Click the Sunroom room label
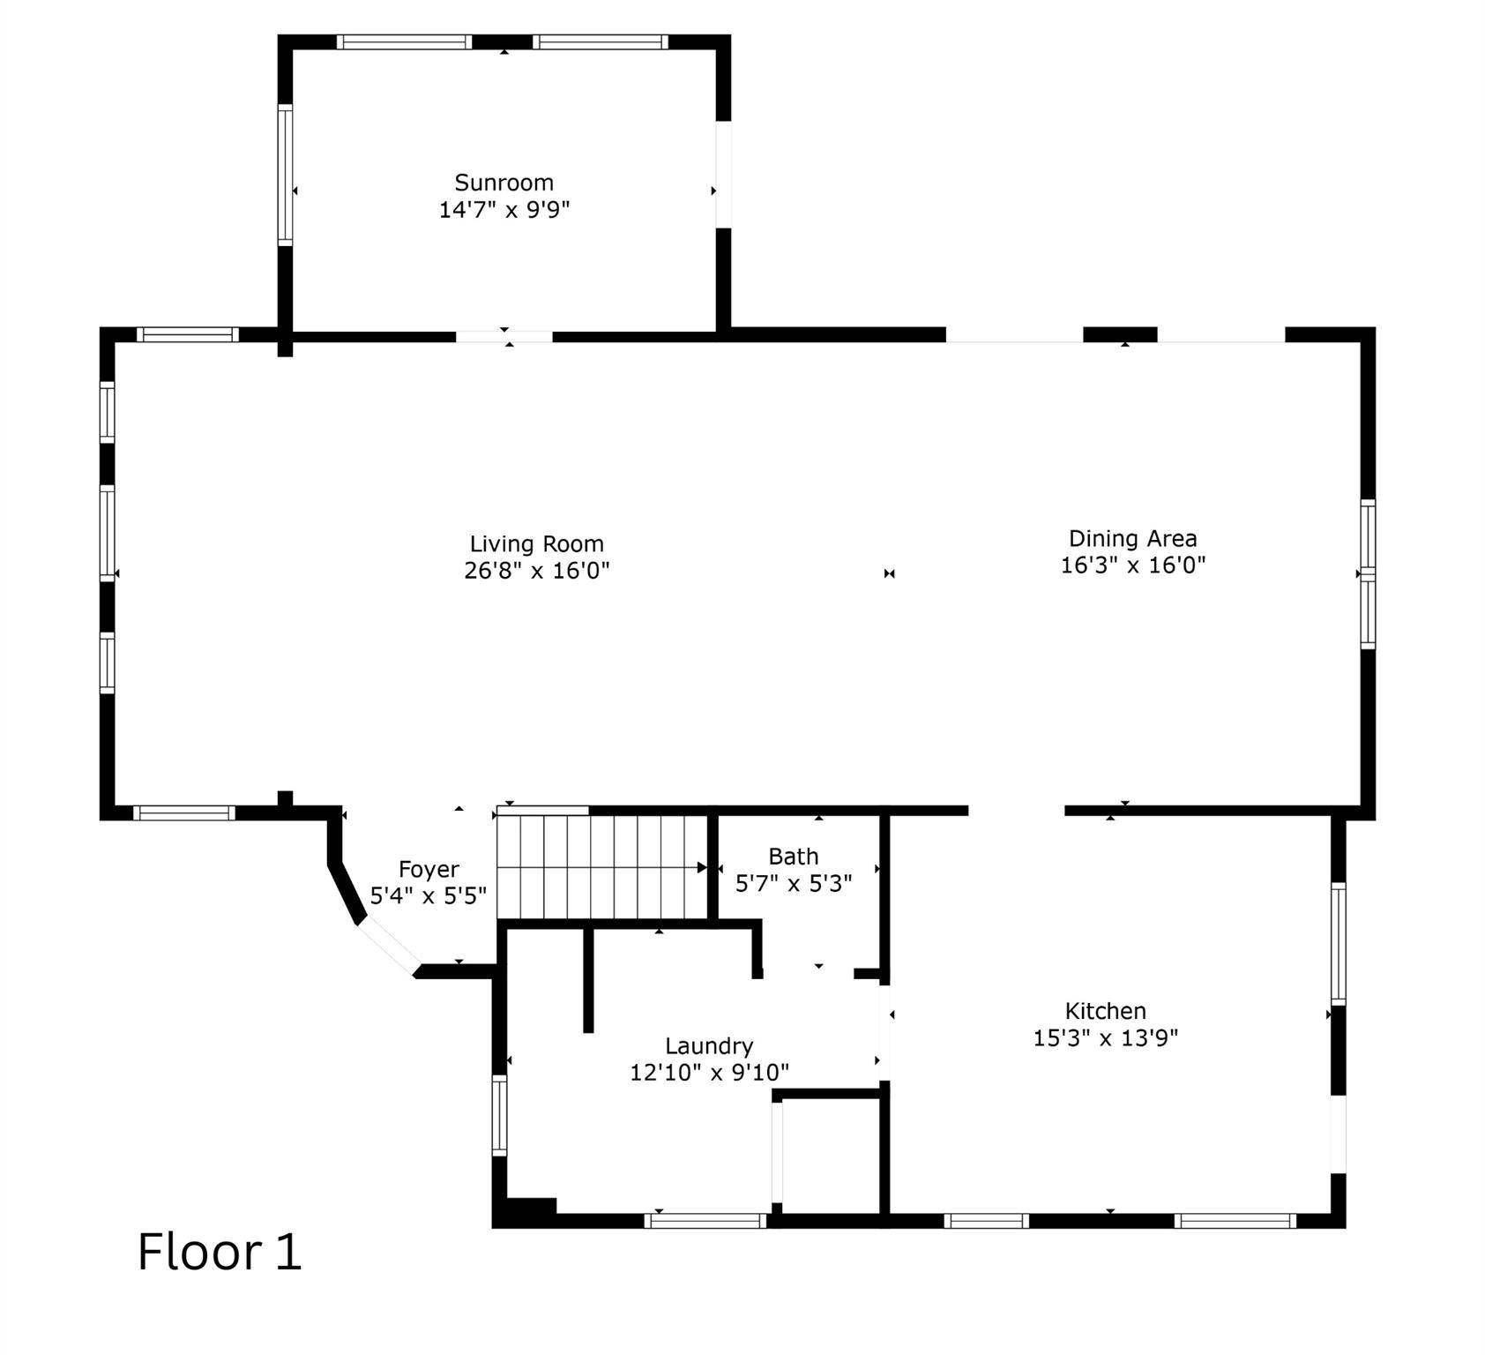504,183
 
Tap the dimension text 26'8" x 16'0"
536,571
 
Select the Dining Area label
1132,538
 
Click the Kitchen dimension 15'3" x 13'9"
1105,1038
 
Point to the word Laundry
709,1046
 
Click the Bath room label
793,857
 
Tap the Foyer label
429,870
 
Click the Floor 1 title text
220,1252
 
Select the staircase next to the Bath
602,867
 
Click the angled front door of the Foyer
388,946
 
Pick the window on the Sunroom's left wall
285,175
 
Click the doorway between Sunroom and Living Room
504,336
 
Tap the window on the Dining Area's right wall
1367,573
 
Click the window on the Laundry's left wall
499,1115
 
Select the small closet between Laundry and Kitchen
830,1156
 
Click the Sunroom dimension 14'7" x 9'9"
504,210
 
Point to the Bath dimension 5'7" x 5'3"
793,884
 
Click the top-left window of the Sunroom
404,41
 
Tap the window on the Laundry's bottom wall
705,1221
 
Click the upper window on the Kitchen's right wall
1338,943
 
